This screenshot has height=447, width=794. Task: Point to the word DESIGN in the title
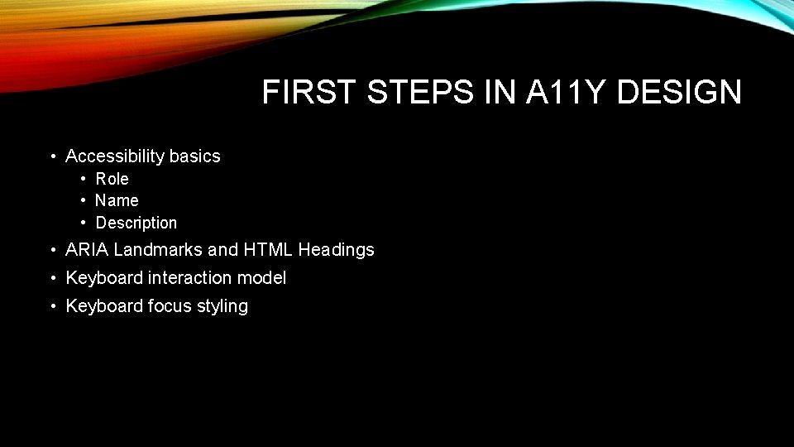tap(679, 93)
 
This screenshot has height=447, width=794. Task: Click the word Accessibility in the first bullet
tap(115, 156)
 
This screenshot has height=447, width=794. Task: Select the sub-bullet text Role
tap(112, 179)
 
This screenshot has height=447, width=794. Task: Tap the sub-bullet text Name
tap(117, 200)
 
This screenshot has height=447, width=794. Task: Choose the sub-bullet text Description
tap(136, 223)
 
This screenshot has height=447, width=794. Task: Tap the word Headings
tap(337, 250)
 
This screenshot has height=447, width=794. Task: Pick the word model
tap(264, 278)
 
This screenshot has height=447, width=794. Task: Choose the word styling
tap(222, 307)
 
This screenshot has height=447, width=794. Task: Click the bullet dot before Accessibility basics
tap(52, 157)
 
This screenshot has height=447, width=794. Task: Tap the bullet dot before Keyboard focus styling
tap(52, 307)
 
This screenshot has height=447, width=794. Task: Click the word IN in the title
tap(500, 93)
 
